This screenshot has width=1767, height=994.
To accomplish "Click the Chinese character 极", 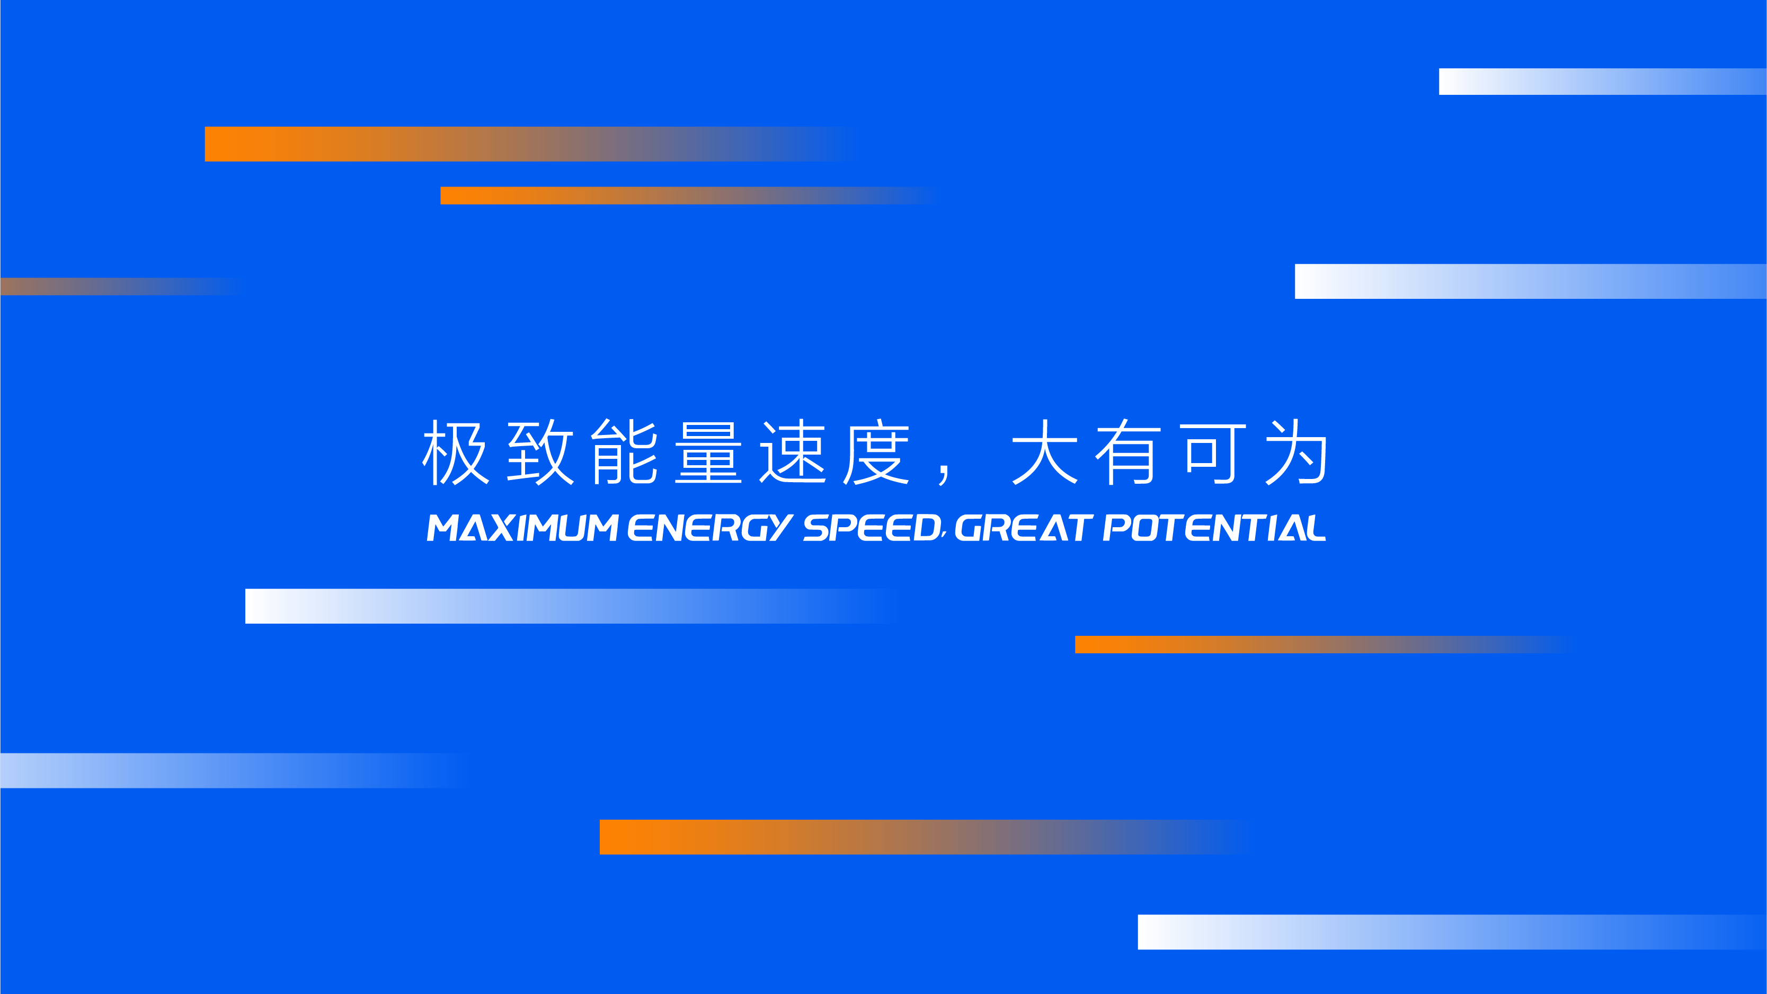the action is click(456, 452).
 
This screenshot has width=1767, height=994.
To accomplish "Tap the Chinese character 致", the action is click(540, 452).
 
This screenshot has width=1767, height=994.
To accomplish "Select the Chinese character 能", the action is click(624, 452).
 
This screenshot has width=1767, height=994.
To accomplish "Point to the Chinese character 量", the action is click(708, 452).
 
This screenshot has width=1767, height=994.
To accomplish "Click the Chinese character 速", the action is click(793, 452).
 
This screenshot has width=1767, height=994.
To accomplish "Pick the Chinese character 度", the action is click(877, 452).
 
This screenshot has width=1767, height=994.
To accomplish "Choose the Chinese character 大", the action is click(1045, 452).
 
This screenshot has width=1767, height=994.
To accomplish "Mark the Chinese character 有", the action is click(1129, 452).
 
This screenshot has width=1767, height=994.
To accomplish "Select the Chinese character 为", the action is click(1297, 452).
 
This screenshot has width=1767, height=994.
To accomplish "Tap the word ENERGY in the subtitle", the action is click(711, 528).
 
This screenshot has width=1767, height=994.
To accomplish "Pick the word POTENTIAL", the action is click(1214, 528).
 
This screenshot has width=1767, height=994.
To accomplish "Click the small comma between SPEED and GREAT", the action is click(945, 535).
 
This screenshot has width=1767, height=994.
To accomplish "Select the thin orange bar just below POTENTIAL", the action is click(1324, 645).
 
